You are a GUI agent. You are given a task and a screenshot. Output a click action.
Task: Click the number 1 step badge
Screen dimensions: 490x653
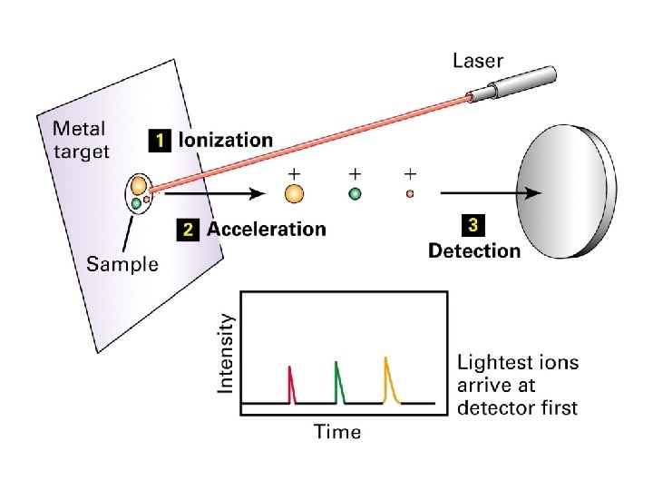[160, 141]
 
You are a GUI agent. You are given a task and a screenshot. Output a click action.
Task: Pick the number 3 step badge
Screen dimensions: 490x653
[473, 223]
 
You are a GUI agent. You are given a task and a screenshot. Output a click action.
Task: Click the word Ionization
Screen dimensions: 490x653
[226, 141]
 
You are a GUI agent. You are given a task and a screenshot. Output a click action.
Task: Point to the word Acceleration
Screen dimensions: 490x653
[266, 229]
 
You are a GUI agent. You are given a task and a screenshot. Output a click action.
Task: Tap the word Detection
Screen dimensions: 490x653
[474, 250]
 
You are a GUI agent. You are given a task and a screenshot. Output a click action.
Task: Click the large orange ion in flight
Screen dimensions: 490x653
[294, 193]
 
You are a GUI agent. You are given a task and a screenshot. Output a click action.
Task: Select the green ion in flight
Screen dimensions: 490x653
[355, 193]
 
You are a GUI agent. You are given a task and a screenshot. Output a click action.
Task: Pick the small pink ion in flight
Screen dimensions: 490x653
[410, 193]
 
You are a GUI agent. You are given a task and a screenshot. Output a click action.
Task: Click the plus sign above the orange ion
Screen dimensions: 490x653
[294, 171]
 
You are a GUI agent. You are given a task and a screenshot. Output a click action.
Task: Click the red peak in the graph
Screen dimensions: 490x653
[291, 385]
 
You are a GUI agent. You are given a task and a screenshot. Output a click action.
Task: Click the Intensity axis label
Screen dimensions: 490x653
[226, 353]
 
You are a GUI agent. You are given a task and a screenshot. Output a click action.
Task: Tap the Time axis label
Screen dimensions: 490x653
[336, 432]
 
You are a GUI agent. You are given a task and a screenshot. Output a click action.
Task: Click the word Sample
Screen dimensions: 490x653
[122, 264]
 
